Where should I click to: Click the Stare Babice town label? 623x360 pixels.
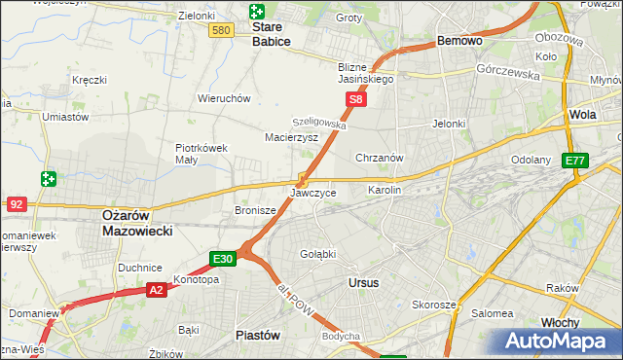[x=272, y=34]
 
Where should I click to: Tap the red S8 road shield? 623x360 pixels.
[x=357, y=99]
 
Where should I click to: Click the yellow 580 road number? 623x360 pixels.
[x=221, y=31]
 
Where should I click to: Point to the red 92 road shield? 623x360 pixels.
[x=16, y=204]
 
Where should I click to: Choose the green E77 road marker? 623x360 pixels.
[x=576, y=161]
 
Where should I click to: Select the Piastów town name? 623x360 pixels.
[x=258, y=335]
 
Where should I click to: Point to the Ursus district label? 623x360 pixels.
[x=362, y=282]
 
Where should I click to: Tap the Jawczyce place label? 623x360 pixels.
[x=313, y=193]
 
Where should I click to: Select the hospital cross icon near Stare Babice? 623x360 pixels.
[x=256, y=12]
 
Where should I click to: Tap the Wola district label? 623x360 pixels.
[x=583, y=114]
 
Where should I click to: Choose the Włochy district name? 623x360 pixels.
[x=587, y=322]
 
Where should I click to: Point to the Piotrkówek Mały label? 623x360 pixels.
[x=201, y=154]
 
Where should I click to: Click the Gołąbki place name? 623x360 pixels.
[x=317, y=253]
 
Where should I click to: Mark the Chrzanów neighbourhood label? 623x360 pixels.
[x=380, y=158]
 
